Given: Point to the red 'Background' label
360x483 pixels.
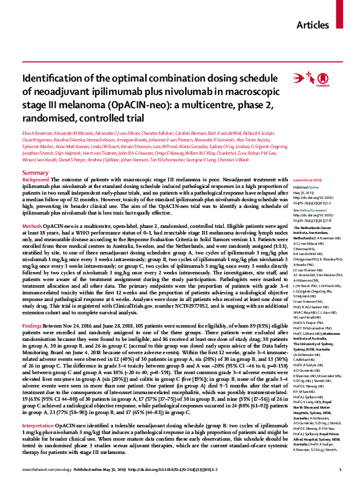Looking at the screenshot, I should point(35,164).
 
